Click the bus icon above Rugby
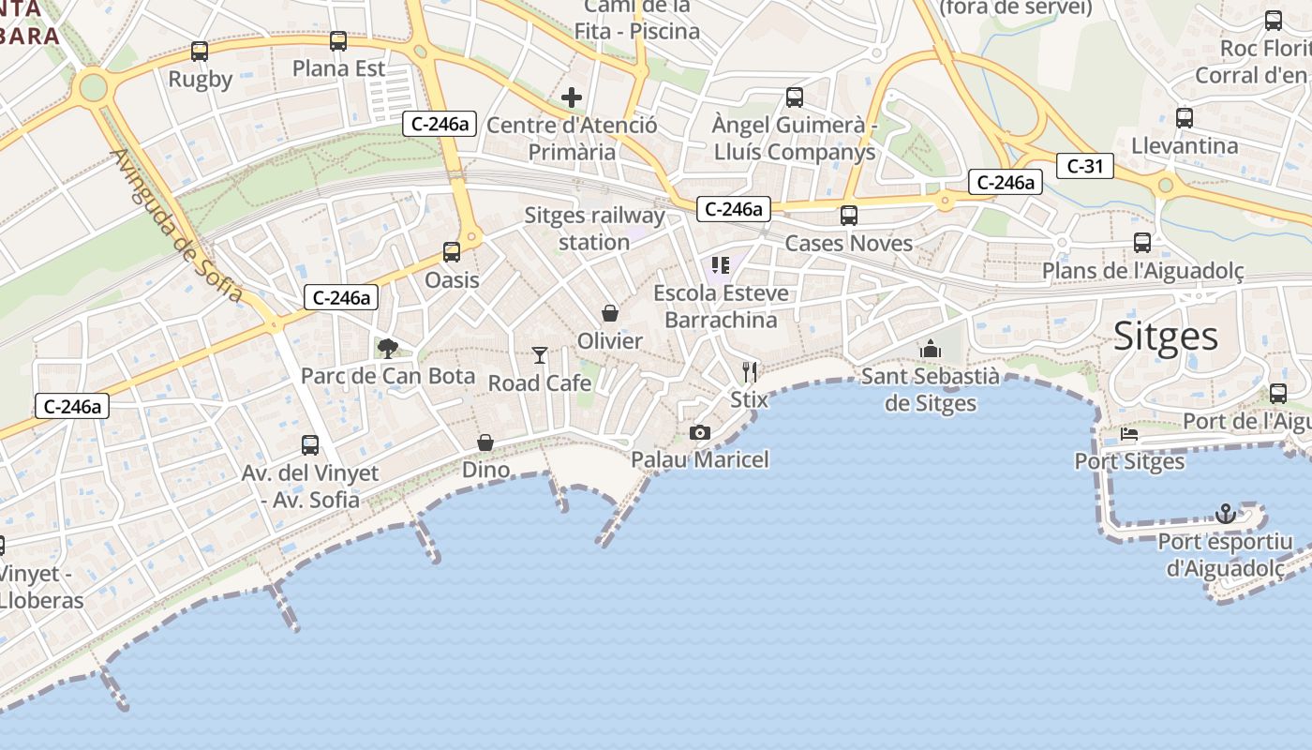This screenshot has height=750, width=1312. pyautogui.click(x=199, y=52)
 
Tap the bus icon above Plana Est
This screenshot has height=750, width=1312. pyautogui.click(x=338, y=41)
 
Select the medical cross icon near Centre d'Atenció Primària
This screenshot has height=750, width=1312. pyautogui.click(x=572, y=97)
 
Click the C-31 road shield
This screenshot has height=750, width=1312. pyautogui.click(x=1085, y=167)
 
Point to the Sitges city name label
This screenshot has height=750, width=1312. pyautogui.click(x=1166, y=337)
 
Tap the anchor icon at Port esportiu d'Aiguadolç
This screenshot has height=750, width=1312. pyautogui.click(x=1225, y=514)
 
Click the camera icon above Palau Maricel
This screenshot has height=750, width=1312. pyautogui.click(x=699, y=432)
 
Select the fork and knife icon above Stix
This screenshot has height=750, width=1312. pyautogui.click(x=749, y=372)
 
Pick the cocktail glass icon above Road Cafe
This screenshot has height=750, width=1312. pyautogui.click(x=540, y=354)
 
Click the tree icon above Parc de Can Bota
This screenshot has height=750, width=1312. pyautogui.click(x=387, y=349)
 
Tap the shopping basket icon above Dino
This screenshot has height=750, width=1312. pyautogui.click(x=485, y=442)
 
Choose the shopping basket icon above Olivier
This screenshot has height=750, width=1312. pyautogui.click(x=610, y=313)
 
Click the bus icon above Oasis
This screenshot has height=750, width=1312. pyautogui.click(x=452, y=252)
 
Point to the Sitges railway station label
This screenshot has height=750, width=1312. pyautogui.click(x=594, y=229)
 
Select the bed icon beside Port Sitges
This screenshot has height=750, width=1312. pyautogui.click(x=1129, y=435)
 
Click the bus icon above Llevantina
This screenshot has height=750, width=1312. pyautogui.click(x=1185, y=118)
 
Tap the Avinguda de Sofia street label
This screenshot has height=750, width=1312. pyautogui.click(x=177, y=225)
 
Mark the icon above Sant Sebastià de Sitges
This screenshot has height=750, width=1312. pyautogui.click(x=931, y=349)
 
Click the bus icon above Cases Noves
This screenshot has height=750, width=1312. pyautogui.click(x=849, y=216)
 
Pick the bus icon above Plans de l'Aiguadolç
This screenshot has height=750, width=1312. pyautogui.click(x=1142, y=243)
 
